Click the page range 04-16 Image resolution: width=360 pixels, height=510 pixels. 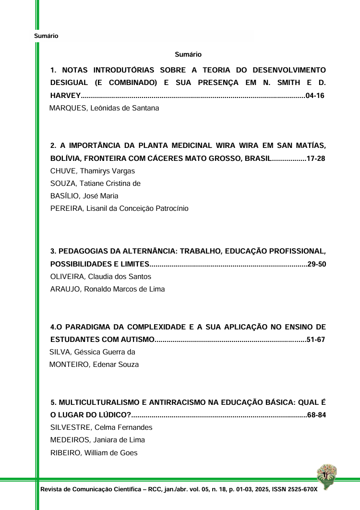(x=315, y=96)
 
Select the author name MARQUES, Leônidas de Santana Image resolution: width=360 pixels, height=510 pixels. (x=104, y=109)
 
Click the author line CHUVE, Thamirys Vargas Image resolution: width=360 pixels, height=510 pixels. (x=93, y=171)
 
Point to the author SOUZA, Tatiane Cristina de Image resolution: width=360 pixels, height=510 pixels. (x=96, y=183)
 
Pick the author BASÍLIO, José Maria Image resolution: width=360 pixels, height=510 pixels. (x=84, y=196)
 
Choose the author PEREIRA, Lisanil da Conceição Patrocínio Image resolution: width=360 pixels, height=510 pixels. (x=120, y=208)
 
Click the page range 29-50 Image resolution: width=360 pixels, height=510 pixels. (x=317, y=264)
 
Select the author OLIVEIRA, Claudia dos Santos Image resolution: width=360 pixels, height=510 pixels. (x=101, y=277)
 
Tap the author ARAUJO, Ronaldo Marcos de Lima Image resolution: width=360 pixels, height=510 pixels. (x=108, y=289)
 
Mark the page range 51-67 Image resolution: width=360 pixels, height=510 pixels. (x=316, y=340)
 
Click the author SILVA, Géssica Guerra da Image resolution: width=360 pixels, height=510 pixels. (x=92, y=352)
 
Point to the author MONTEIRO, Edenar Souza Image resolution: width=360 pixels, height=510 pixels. (x=94, y=364)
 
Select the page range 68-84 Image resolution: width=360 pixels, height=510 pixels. (x=317, y=415)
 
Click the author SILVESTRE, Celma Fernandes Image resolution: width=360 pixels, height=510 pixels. (x=101, y=427)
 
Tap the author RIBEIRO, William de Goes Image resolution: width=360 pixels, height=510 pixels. (x=94, y=452)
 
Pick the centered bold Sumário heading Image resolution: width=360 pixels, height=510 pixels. (x=188, y=55)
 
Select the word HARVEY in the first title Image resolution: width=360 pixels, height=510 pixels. (x=65, y=96)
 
